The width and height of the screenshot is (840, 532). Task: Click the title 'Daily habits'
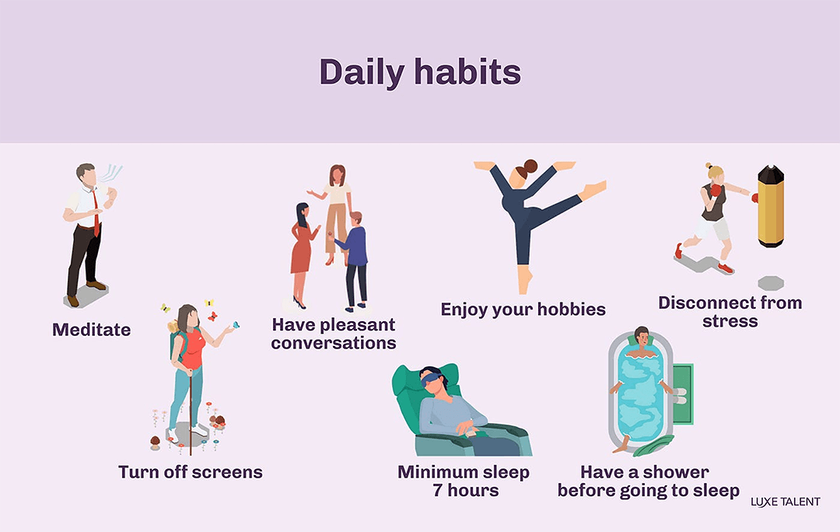[x=420, y=72]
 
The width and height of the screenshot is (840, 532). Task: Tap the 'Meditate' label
[x=91, y=330]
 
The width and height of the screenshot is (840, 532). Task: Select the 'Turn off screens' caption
[x=191, y=472]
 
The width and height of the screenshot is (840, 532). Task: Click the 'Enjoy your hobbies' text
[x=523, y=310]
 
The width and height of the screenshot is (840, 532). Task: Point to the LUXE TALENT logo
[x=785, y=502]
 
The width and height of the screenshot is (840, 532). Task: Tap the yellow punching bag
[x=770, y=206]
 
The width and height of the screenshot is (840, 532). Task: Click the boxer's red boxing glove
[x=715, y=191]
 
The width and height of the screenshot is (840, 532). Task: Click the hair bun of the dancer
[x=530, y=166]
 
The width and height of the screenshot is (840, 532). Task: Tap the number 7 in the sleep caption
[x=438, y=491]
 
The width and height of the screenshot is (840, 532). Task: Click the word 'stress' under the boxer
[x=730, y=320]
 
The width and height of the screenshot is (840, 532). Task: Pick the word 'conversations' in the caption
[x=334, y=343]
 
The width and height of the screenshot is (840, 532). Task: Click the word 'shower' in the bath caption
[x=676, y=472]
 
